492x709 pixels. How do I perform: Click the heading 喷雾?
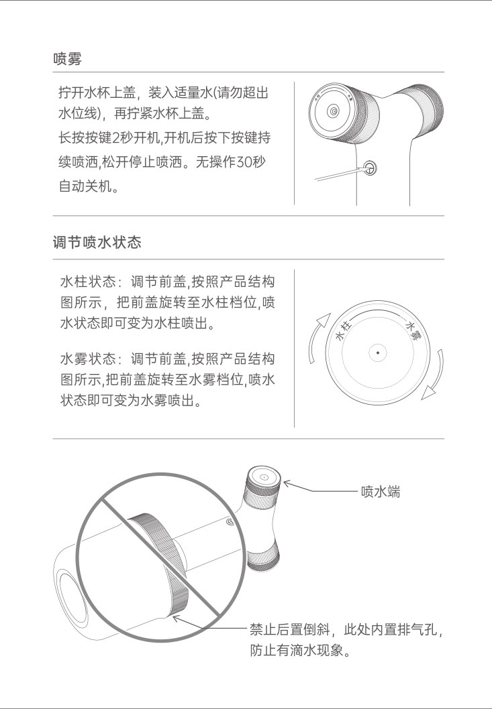pyautogui.click(x=68, y=59)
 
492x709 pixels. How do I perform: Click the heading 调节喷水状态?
pyautogui.click(x=97, y=243)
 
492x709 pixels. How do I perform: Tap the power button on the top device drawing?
pyautogui.click(x=370, y=168)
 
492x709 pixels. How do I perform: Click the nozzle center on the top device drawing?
pyautogui.click(x=334, y=111)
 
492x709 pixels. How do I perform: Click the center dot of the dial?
pyautogui.click(x=377, y=352)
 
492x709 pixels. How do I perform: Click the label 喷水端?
pyautogui.click(x=381, y=491)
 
